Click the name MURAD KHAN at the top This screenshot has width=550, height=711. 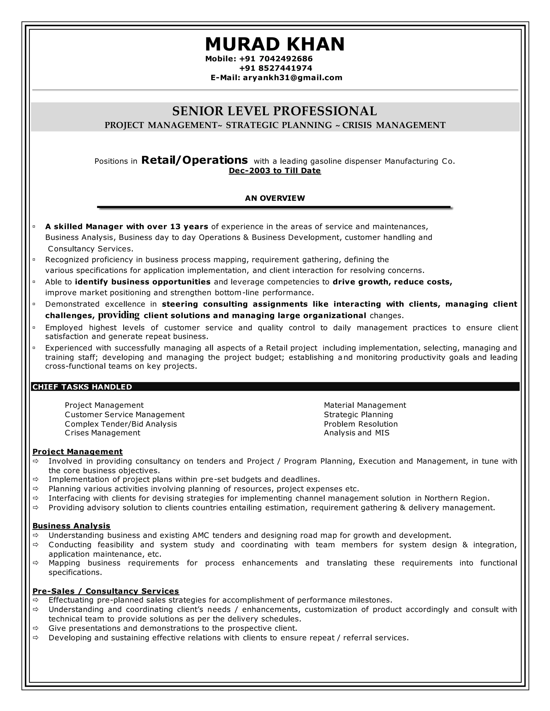tap(275, 44)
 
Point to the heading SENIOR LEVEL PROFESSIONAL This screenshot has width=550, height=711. tap(275, 111)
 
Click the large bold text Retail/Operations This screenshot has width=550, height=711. tap(194, 160)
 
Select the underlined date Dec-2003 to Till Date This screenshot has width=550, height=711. tap(275, 171)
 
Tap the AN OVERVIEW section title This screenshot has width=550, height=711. tap(275, 198)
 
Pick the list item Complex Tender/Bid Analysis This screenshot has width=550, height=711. tap(121, 424)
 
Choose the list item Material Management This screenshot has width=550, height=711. tap(365, 405)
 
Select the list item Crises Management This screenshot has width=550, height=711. tap(102, 433)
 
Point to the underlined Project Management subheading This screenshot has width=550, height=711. tap(78, 452)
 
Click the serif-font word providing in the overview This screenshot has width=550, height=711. tap(119, 315)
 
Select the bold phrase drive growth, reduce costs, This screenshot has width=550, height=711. tap(392, 282)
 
